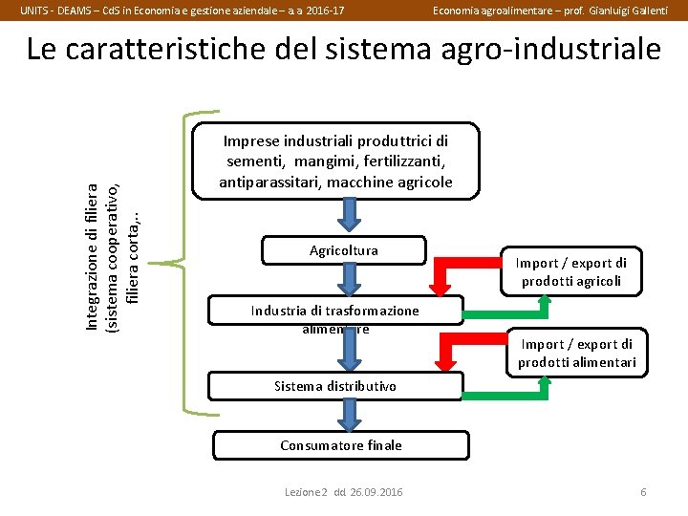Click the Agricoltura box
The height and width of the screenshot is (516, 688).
pyautogui.click(x=344, y=250)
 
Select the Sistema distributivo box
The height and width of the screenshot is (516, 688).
pyautogui.click(x=334, y=386)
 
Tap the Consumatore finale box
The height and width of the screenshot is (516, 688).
pyautogui.click(x=341, y=445)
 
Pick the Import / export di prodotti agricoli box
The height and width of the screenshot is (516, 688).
pyautogui.click(x=571, y=271)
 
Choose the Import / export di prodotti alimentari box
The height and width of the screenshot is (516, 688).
pyautogui.click(x=576, y=353)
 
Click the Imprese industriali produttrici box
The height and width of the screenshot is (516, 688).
pyautogui.click(x=336, y=160)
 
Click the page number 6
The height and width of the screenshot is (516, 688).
pyautogui.click(x=643, y=492)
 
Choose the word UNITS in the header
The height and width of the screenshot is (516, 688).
pyautogui.click(x=36, y=10)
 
